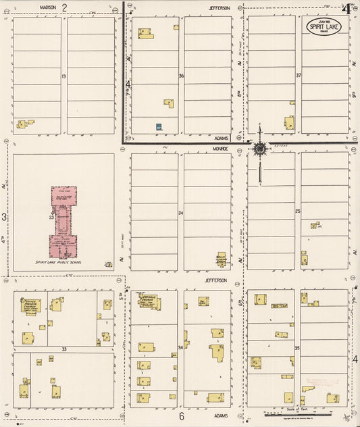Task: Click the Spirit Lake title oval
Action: coord(324,27)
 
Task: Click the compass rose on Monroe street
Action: coord(260,149)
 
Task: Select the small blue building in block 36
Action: coord(159,126)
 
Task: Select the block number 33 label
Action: coord(63,349)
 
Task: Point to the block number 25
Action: coord(298,212)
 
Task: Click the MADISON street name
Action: coord(47,7)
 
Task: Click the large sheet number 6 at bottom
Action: coord(182,416)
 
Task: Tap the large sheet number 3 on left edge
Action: coord(5,217)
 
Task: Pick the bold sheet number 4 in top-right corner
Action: coord(346,8)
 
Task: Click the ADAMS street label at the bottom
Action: coord(220,416)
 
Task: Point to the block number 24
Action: coord(181,214)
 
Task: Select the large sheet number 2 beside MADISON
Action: coord(65,7)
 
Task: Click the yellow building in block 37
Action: coord(289,122)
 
